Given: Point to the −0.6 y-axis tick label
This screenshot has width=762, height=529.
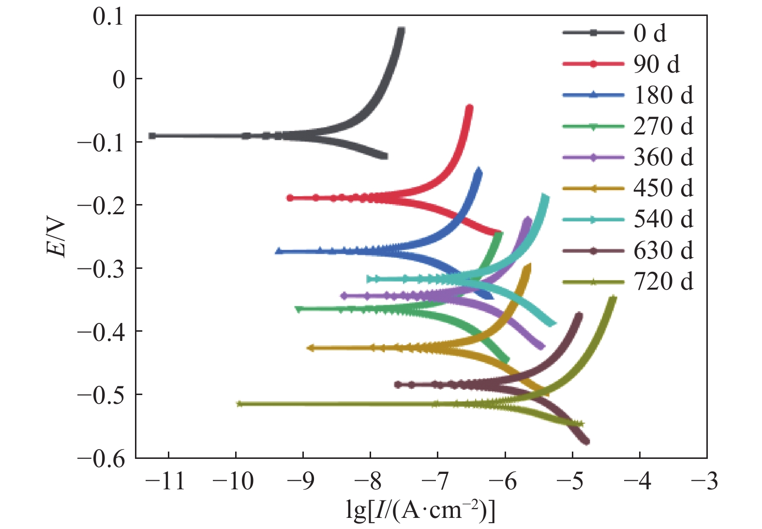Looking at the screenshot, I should [101, 458].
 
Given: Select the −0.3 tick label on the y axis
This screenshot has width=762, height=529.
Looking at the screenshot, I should [101, 268].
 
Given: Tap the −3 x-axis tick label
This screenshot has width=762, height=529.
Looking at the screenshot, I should [704, 481].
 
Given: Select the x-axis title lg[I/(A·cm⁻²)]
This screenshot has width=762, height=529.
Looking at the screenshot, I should [420, 510].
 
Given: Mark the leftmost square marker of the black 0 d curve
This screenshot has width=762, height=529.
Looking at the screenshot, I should [152, 136].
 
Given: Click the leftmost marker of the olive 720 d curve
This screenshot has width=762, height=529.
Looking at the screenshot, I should [239, 404].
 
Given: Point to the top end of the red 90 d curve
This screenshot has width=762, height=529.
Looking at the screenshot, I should [469, 107].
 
